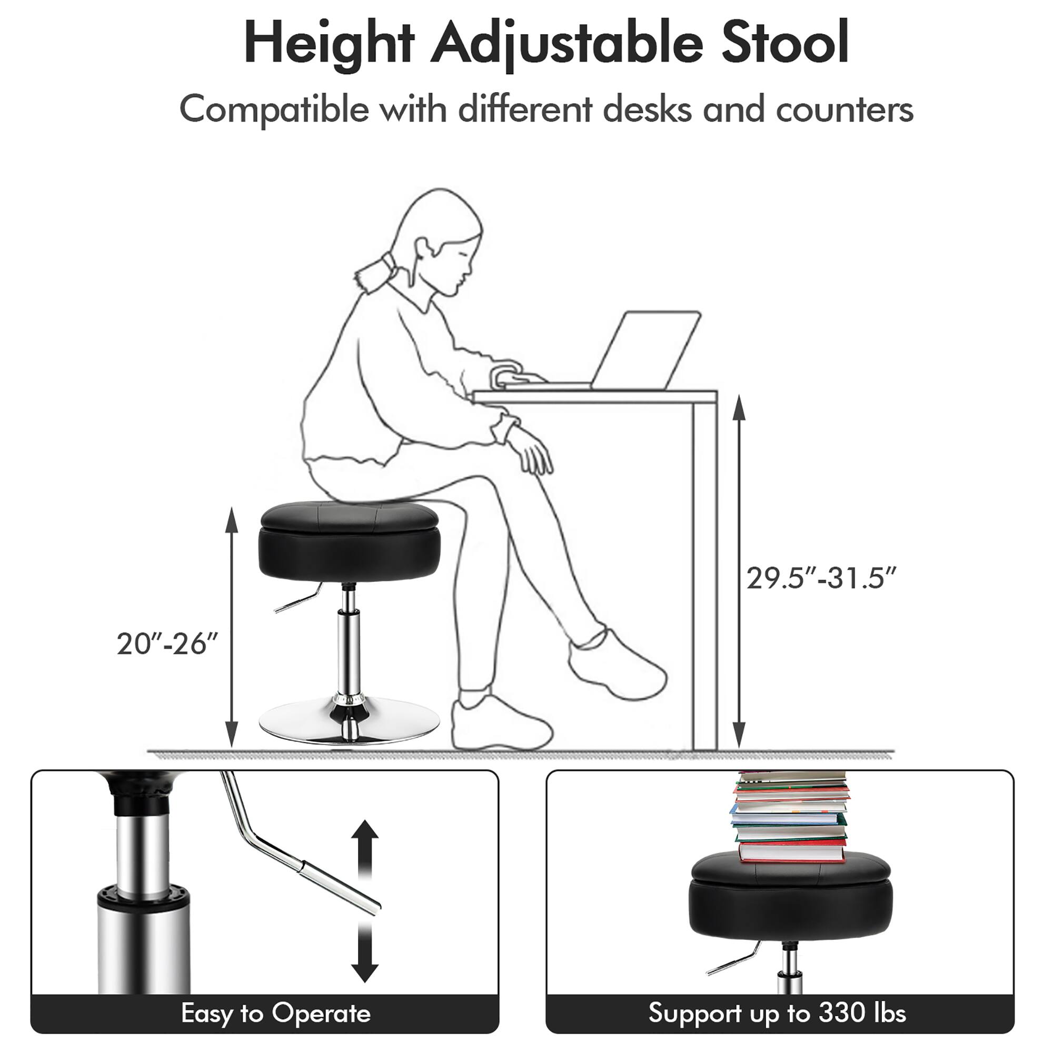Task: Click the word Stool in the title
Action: point(785,44)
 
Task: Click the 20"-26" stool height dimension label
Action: point(167,644)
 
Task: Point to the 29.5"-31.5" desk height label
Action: point(821,578)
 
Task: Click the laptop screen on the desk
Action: point(646,349)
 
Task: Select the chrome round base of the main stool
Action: point(349,725)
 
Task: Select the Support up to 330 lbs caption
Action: point(777,1012)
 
